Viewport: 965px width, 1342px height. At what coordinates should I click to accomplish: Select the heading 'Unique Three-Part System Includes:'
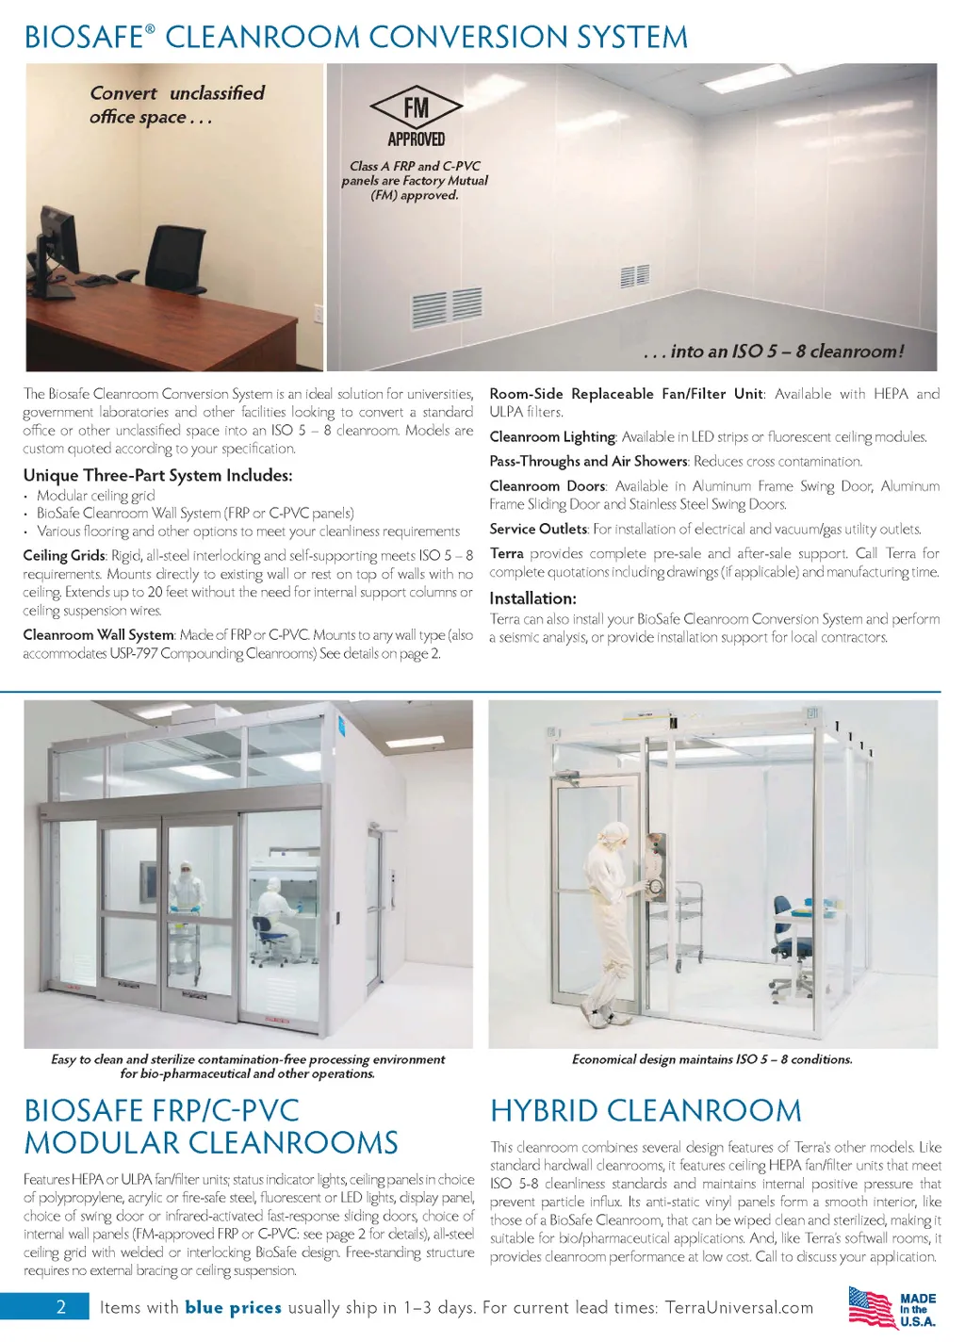(x=157, y=475)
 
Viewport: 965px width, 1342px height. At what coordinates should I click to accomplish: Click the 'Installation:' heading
(x=532, y=598)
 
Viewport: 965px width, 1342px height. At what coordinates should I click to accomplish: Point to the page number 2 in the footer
(x=61, y=1307)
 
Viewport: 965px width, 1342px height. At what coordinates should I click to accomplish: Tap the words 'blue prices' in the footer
(x=233, y=1307)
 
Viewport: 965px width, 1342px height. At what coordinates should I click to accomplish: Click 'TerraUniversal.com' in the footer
(x=739, y=1307)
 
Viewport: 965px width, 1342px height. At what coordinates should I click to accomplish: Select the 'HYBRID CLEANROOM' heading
(x=646, y=1110)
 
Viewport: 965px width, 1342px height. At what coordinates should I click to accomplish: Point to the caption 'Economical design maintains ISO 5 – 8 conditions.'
(x=711, y=1059)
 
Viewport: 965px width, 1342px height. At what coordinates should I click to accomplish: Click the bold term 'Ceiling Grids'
(x=64, y=555)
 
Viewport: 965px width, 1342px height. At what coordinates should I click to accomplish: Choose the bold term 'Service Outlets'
(x=538, y=529)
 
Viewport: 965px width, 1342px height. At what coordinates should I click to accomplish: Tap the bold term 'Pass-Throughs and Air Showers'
(x=588, y=461)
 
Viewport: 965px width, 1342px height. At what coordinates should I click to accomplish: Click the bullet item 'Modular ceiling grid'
(x=95, y=495)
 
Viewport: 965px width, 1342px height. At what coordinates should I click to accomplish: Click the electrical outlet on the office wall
(x=318, y=315)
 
